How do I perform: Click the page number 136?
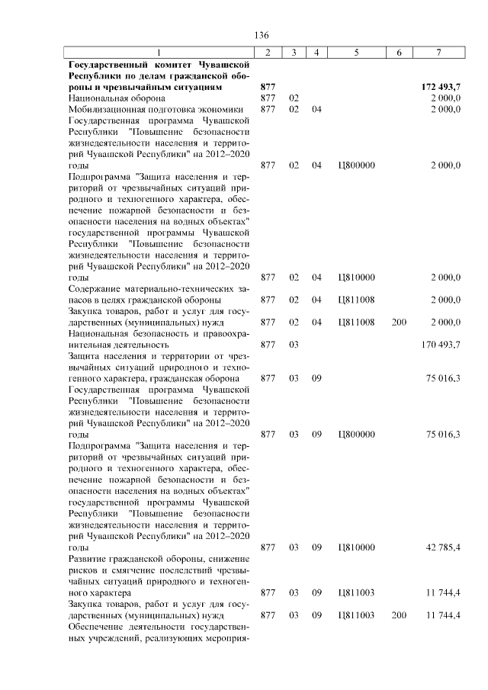pos(262,36)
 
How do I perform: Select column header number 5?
pos(357,53)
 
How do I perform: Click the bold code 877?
pos(267,87)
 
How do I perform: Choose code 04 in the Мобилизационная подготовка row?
pos(317,109)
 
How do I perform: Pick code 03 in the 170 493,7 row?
pos(294,345)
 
